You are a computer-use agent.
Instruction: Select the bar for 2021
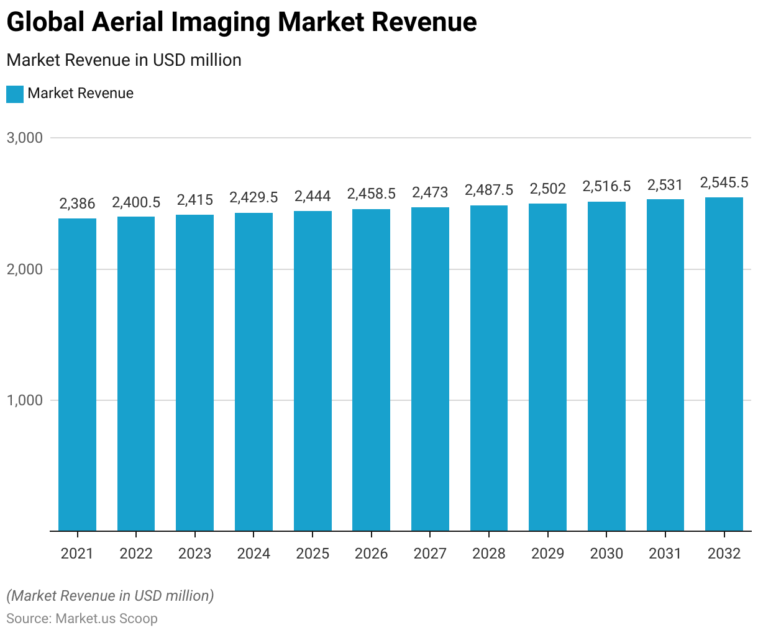click(x=77, y=375)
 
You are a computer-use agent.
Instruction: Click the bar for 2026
click(x=371, y=370)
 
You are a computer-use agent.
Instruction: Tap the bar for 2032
click(x=724, y=364)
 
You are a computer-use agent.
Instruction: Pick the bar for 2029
click(x=547, y=367)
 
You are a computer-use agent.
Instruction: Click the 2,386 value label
click(x=77, y=204)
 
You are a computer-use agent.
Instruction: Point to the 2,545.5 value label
click(x=724, y=182)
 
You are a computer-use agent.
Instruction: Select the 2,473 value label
click(x=430, y=192)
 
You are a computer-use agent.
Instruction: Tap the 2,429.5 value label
click(x=253, y=197)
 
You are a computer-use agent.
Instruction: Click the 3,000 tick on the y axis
click(x=25, y=138)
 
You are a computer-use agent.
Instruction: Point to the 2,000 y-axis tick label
click(x=25, y=269)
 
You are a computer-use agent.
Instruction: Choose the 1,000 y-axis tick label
click(x=25, y=400)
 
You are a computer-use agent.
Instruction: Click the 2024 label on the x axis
click(x=253, y=554)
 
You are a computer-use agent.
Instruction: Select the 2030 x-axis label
click(x=606, y=554)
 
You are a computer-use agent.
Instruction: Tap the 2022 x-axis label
click(x=136, y=554)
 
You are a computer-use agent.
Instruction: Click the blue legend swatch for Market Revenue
click(x=15, y=94)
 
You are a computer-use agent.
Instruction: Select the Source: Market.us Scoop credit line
click(x=82, y=619)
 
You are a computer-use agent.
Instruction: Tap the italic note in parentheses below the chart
click(x=110, y=596)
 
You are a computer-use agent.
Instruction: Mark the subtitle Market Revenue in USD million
click(x=124, y=60)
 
